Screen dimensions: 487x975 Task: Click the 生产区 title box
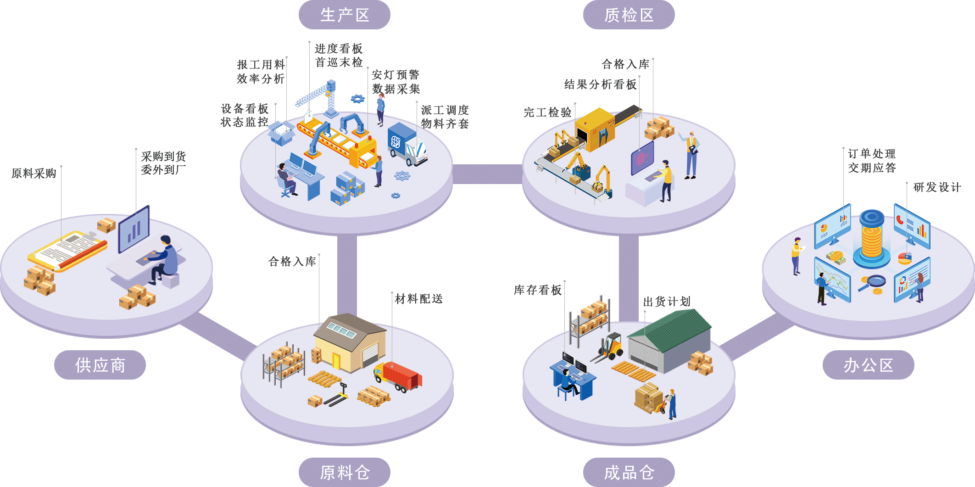pyautogui.click(x=344, y=15)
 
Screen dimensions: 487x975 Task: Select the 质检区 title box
pyautogui.click(x=629, y=15)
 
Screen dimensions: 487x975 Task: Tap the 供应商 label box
pyautogui.click(x=100, y=365)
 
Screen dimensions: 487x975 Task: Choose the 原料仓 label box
pyautogui.click(x=344, y=472)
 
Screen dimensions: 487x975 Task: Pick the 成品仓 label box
pyautogui.click(x=629, y=472)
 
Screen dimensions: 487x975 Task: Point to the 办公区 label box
pyautogui.click(x=868, y=365)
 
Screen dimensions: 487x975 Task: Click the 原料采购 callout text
pyautogui.click(x=34, y=174)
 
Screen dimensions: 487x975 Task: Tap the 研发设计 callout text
pyautogui.click(x=937, y=187)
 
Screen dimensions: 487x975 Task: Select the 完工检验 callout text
pyautogui.click(x=547, y=112)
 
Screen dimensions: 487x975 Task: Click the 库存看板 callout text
pyautogui.click(x=538, y=290)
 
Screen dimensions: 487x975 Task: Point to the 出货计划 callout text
pyautogui.click(x=667, y=302)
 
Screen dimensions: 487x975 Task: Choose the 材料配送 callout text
pyautogui.click(x=418, y=299)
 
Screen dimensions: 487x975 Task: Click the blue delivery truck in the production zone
pyautogui.click(x=407, y=145)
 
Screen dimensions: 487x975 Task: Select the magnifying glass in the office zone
pyautogui.click(x=874, y=281)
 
